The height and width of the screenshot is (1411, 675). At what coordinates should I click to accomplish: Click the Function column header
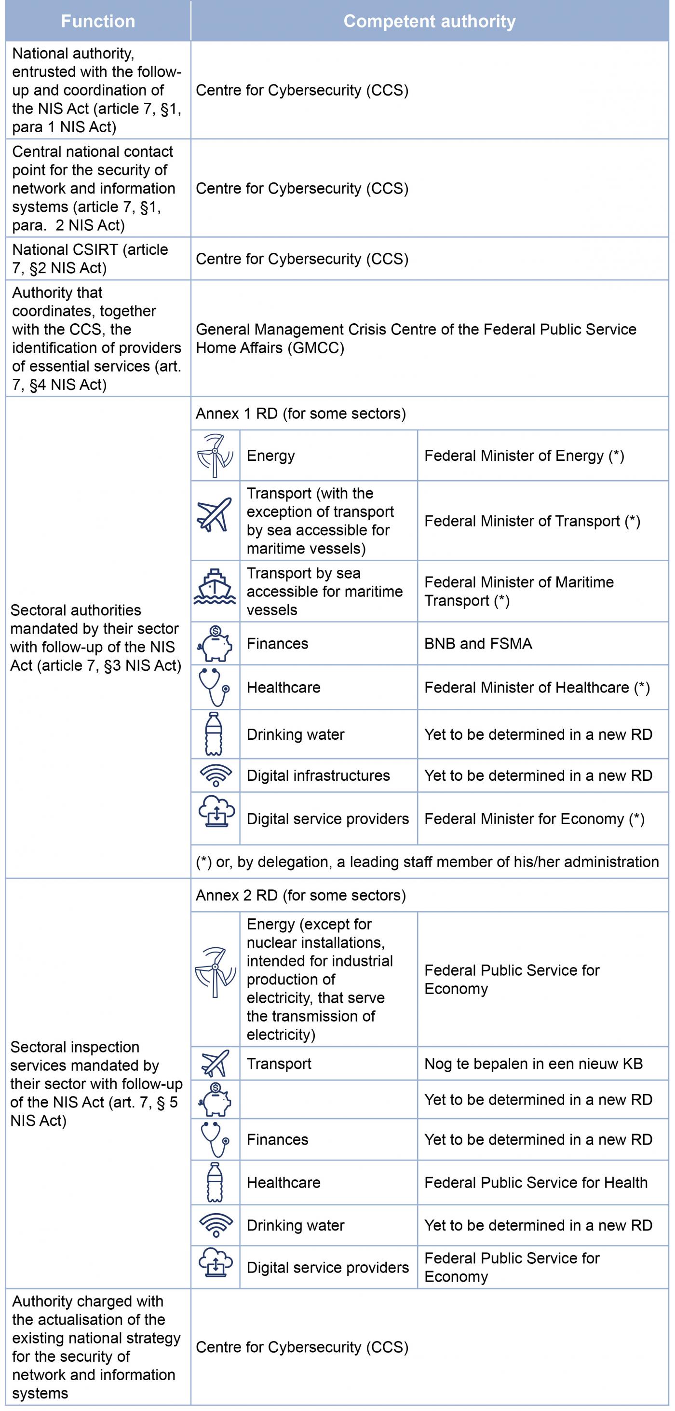[98, 21]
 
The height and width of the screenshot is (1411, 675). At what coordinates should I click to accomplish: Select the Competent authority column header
[429, 21]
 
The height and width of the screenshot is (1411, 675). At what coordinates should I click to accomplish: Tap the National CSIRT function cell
[98, 259]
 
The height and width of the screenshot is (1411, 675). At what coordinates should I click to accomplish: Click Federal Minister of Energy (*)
[524, 456]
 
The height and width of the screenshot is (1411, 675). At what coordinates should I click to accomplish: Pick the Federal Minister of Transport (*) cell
[532, 521]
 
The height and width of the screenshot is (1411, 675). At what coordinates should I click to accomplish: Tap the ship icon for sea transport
[215, 588]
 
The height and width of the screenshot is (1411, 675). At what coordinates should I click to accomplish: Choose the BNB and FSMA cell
[478, 644]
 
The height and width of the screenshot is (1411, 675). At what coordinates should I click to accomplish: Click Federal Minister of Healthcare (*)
[537, 688]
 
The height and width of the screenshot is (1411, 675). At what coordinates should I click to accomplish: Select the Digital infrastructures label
[318, 775]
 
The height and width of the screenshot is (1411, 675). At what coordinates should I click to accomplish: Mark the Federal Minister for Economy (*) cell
[534, 819]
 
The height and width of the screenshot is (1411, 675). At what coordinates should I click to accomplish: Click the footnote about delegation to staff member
[427, 862]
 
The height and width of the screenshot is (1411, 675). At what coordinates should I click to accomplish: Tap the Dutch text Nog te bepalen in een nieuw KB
[533, 1064]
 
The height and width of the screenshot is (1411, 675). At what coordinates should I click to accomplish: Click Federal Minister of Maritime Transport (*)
[519, 592]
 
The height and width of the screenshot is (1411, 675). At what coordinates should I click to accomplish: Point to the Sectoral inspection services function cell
[96, 1084]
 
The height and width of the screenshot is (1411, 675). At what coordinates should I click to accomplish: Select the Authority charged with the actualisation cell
[96, 1347]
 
